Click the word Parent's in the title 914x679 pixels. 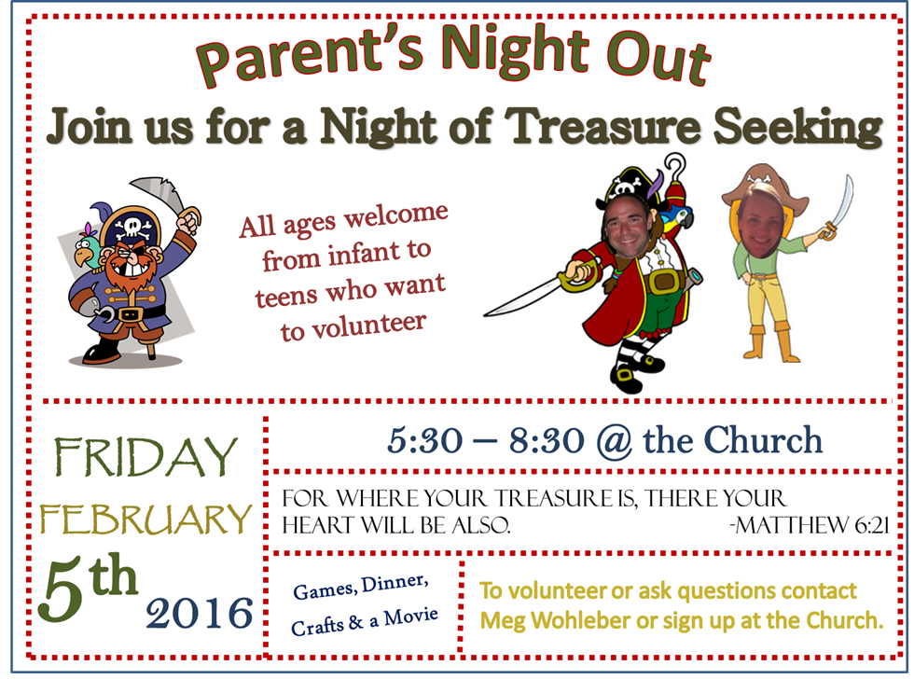click(x=310, y=57)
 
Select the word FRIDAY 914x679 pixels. click(x=145, y=457)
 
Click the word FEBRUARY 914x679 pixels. click(x=145, y=519)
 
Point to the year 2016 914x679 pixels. click(x=200, y=613)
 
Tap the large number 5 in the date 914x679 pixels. click(x=64, y=589)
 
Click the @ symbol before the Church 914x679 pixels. click(x=614, y=441)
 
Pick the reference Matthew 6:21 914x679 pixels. click(x=810, y=525)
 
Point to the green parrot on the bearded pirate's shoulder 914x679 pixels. click(x=89, y=248)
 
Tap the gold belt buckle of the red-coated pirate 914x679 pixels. click(x=662, y=281)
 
